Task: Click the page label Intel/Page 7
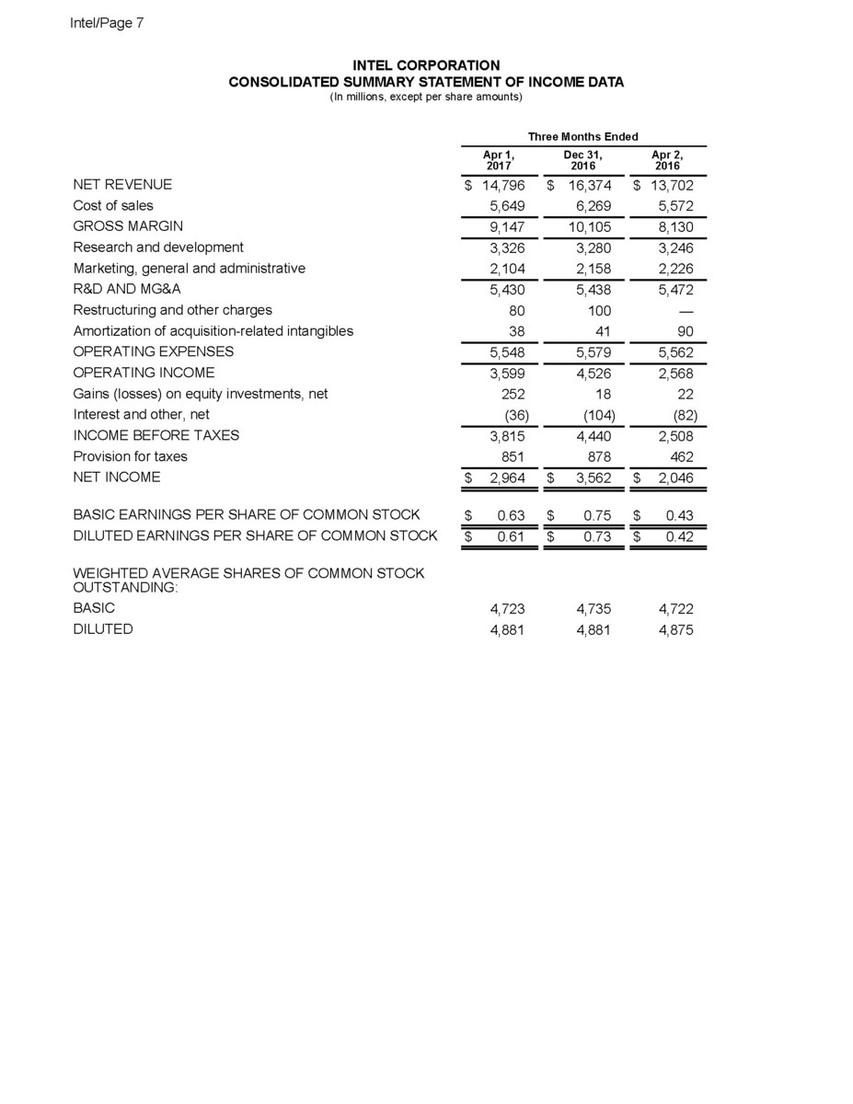[x=107, y=23]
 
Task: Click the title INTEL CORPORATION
[x=426, y=65]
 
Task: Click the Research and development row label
[x=158, y=247]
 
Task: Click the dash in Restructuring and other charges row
[x=685, y=310]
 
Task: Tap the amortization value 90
[x=685, y=330]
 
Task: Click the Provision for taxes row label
[x=130, y=456]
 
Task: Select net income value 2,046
[x=675, y=477]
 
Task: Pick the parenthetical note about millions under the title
[x=426, y=97]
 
